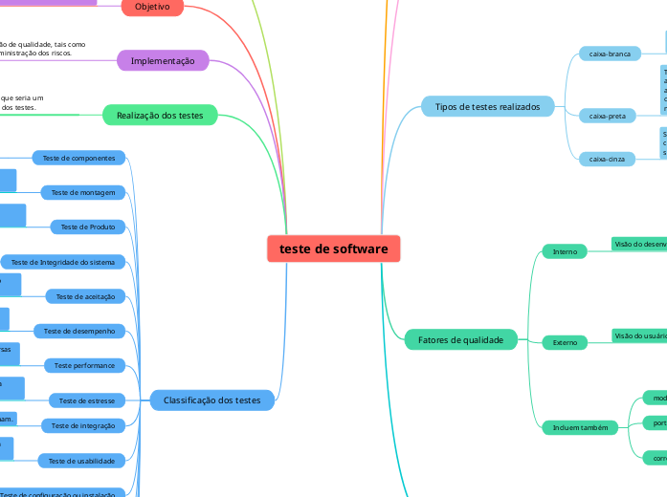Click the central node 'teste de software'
point(333,248)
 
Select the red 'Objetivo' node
point(152,7)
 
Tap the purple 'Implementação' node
point(162,61)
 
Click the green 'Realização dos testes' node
point(160,116)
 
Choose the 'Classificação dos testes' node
point(211,400)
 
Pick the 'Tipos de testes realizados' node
point(487,107)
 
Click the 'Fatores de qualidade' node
point(460,340)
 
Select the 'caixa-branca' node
point(610,54)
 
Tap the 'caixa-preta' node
point(607,116)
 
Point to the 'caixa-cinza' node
point(607,159)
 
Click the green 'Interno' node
point(565,251)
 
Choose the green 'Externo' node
point(565,341)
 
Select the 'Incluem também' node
point(581,427)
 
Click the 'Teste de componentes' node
point(78,158)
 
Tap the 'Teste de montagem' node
point(83,192)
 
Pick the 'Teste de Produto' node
point(88,227)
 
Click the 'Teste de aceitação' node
point(85,296)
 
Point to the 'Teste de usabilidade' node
point(82,461)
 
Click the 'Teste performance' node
point(84,365)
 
